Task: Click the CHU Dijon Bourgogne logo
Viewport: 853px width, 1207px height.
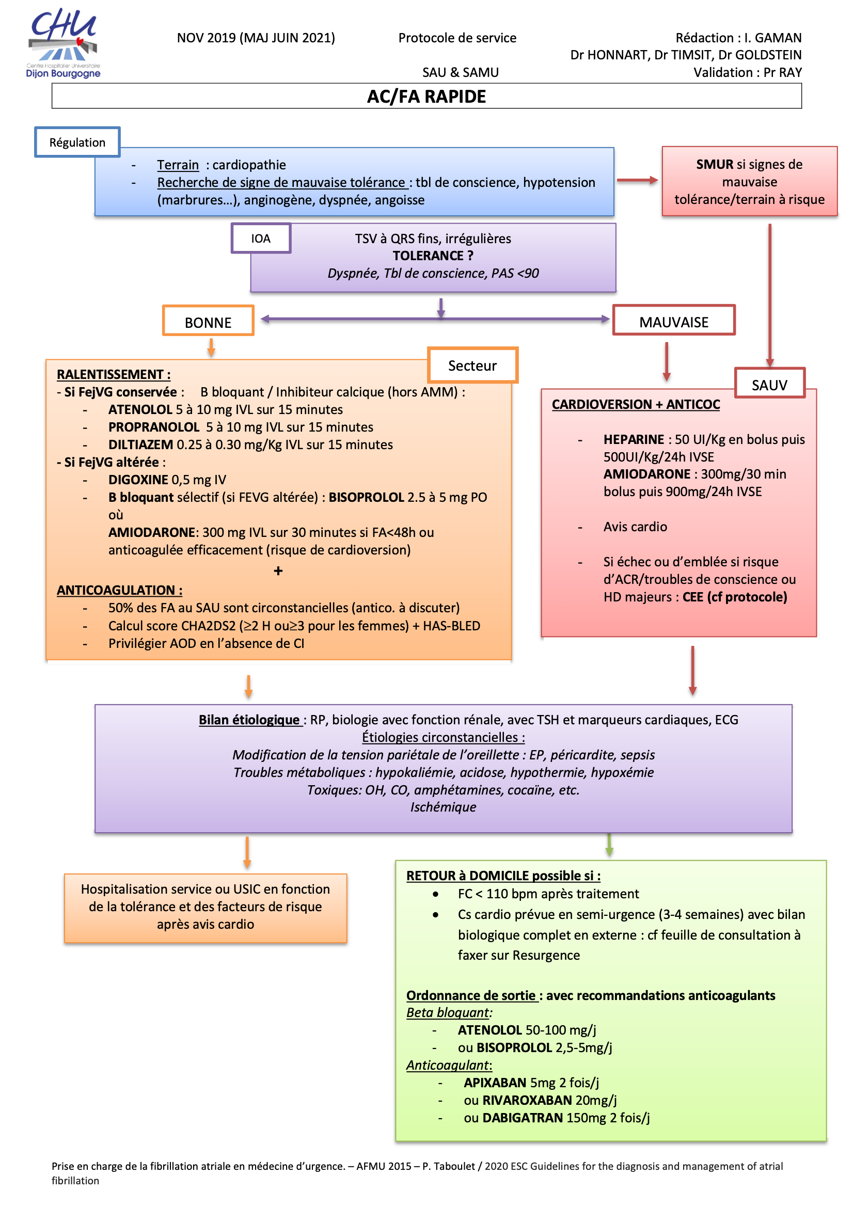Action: coord(63,43)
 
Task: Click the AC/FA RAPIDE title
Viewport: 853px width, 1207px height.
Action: coord(426,97)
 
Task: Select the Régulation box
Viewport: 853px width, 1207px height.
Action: coord(77,142)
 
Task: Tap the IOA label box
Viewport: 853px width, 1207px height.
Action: coord(261,239)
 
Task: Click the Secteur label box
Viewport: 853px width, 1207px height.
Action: coord(472,366)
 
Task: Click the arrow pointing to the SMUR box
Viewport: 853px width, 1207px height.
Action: coord(637,180)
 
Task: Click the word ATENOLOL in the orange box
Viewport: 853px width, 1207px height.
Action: coord(140,409)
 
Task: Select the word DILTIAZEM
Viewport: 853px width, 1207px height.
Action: coord(140,444)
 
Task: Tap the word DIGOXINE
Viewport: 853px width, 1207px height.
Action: coord(138,480)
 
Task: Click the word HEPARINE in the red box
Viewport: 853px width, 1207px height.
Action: coord(634,439)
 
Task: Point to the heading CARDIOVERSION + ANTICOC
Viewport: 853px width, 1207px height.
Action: coord(636,404)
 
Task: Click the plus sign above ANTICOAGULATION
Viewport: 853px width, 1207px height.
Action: coord(278,570)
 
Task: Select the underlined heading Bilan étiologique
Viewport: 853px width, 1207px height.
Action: coord(249,720)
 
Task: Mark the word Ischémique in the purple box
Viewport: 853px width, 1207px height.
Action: coord(444,807)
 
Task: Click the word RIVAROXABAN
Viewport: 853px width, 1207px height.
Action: coord(528,1100)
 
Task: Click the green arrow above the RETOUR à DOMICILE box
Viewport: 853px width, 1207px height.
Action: coord(609,845)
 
